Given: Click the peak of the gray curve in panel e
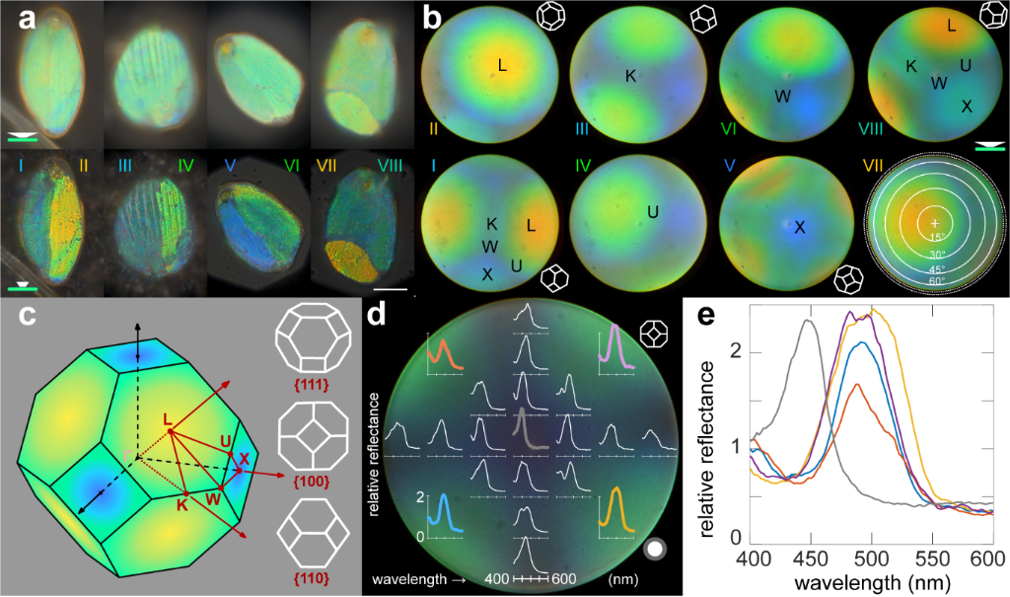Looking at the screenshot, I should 808,320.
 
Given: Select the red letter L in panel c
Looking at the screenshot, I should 168,421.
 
